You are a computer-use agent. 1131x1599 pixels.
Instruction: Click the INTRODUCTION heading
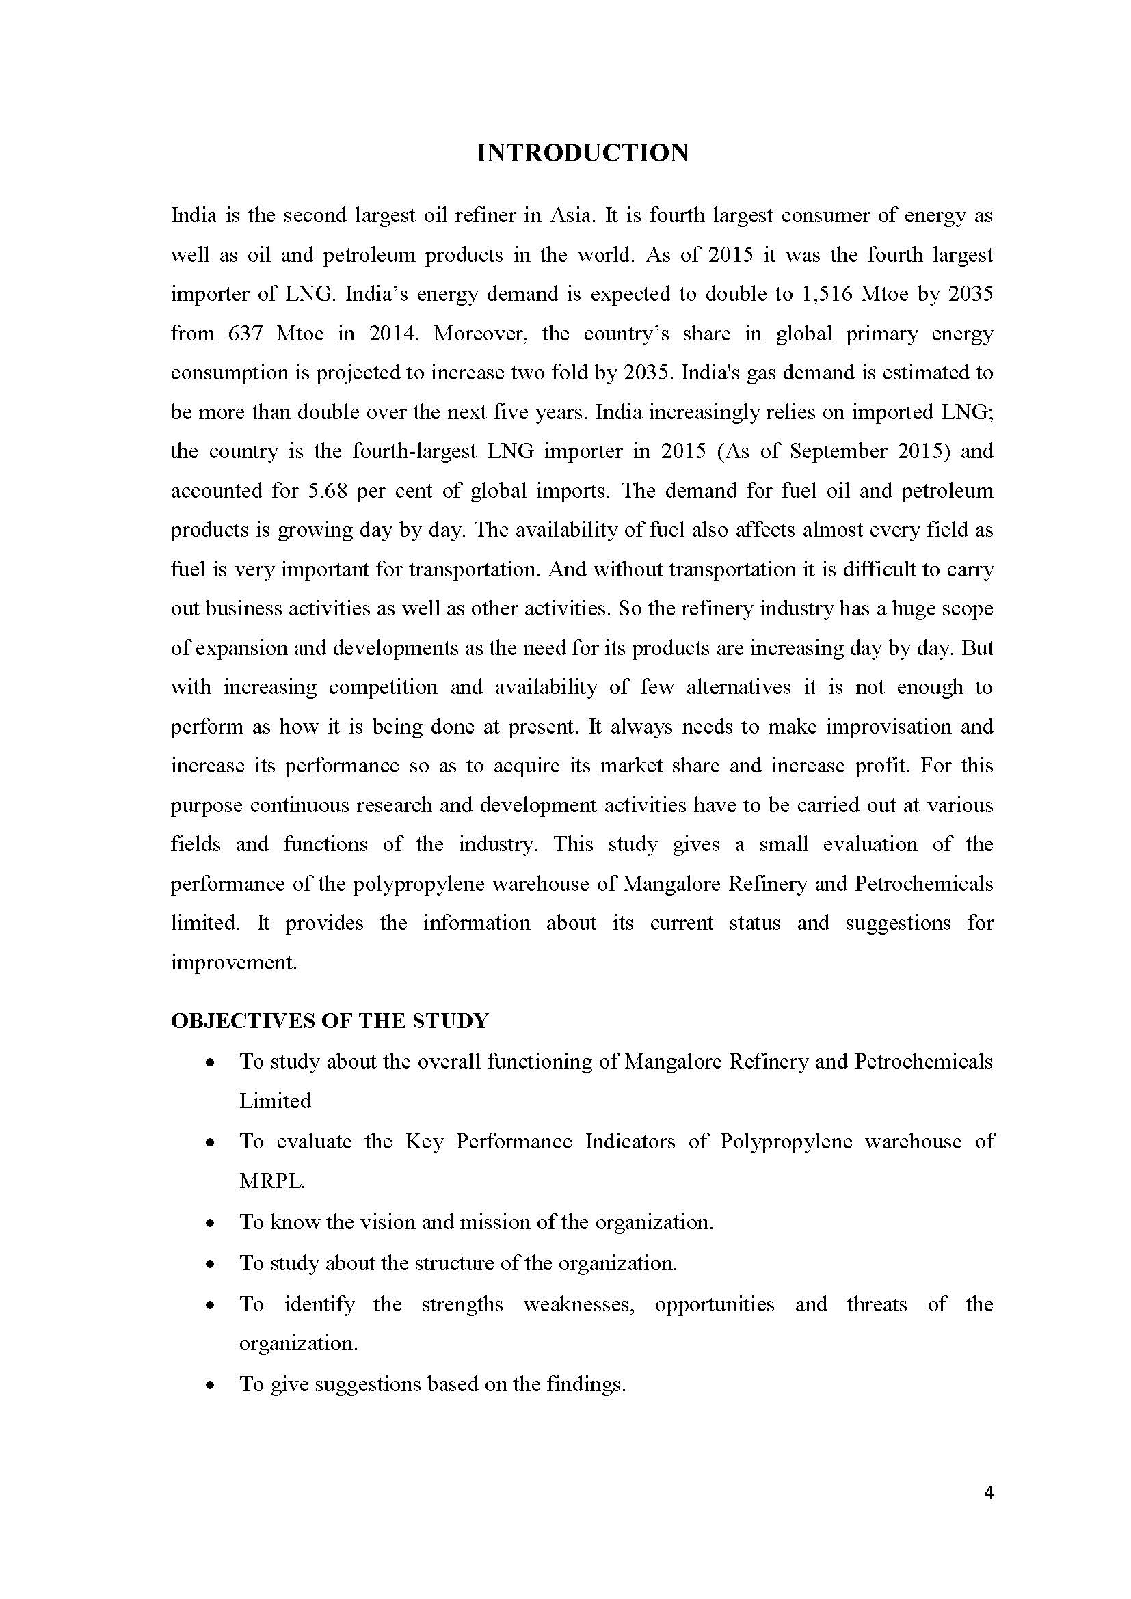[582, 153]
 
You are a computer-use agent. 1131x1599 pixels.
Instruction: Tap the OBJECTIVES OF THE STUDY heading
[330, 1021]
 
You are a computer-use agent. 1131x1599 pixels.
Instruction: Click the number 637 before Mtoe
[245, 334]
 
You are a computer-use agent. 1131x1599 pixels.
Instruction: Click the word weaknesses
[578, 1304]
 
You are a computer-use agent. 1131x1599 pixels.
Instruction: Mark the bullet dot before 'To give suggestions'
[211, 1385]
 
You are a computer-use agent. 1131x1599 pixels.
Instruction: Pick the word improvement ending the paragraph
[233, 963]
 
